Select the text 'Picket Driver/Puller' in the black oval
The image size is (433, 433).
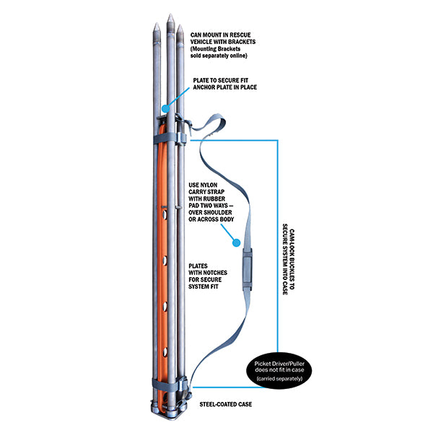[x=287, y=363]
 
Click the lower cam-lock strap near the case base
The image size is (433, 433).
[x=170, y=385]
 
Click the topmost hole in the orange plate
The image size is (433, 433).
[x=165, y=214]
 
